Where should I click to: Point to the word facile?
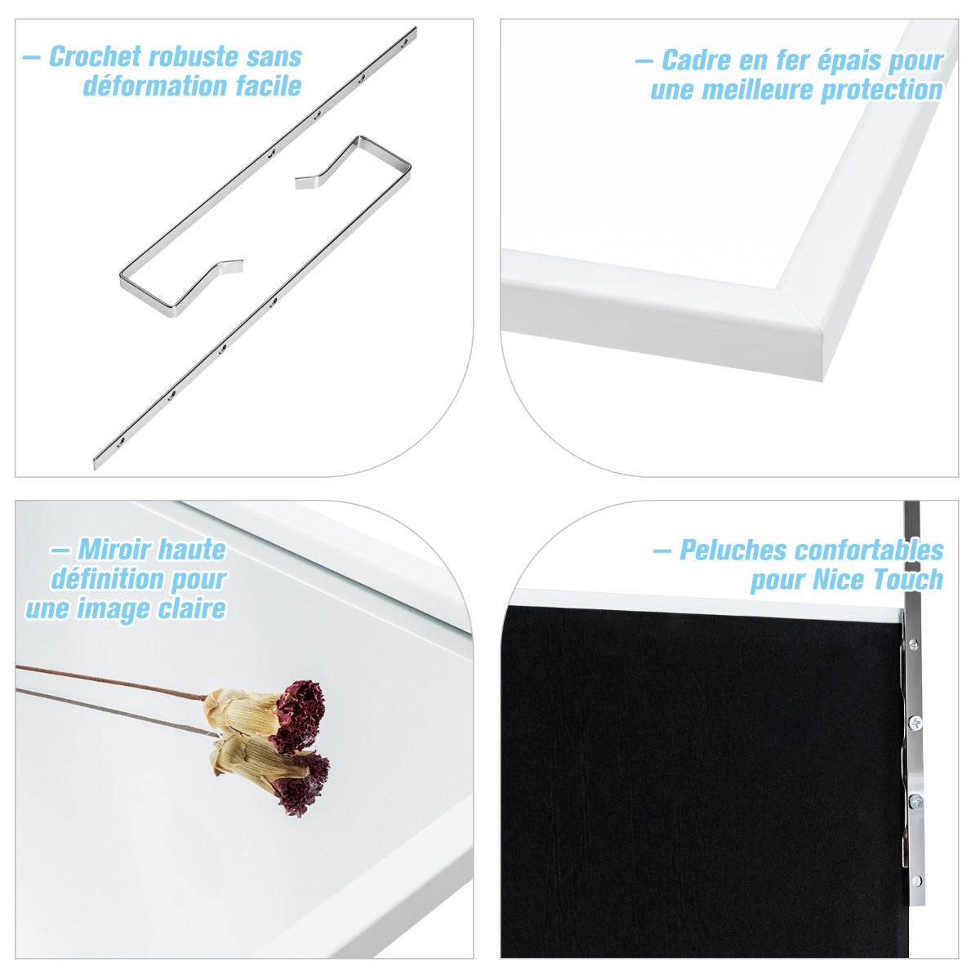(269, 86)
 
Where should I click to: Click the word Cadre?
(697, 60)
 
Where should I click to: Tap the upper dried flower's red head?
(299, 714)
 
